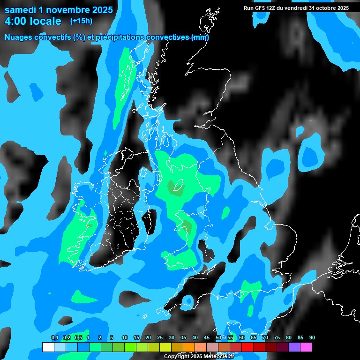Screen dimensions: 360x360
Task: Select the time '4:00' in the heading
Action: point(16,21)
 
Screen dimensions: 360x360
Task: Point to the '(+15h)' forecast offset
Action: point(81,21)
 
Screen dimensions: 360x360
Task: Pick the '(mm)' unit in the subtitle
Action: point(200,37)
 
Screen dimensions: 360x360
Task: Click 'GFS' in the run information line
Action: point(263,8)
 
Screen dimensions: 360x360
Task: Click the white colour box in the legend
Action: point(48,347)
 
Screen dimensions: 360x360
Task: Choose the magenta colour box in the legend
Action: point(306,347)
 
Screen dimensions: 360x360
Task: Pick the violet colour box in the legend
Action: point(294,347)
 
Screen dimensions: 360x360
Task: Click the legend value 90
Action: point(312,337)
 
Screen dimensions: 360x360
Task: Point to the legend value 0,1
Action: point(54,337)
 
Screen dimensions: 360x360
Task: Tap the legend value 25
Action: point(160,337)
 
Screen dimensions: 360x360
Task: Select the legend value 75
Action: point(277,337)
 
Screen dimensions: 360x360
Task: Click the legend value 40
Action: point(195,337)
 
